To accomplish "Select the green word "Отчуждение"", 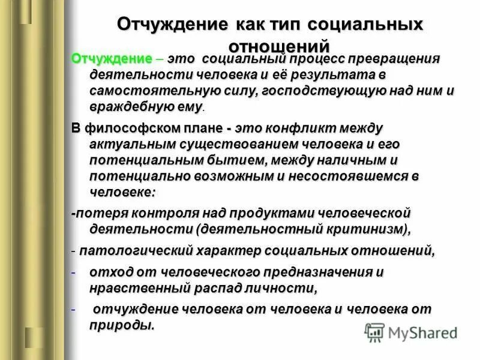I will pyautogui.click(x=112, y=59).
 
